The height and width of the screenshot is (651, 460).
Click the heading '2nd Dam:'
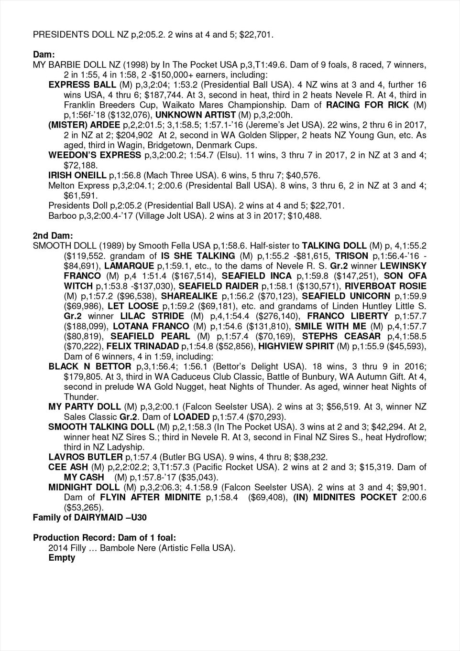pos(53,235)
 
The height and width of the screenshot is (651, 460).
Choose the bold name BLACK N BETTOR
pos(89,366)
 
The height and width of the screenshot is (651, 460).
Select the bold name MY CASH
pos(84,477)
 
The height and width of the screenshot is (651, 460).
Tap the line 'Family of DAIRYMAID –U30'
pos(89,517)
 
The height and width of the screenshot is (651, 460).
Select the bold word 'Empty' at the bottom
pos(62,557)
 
